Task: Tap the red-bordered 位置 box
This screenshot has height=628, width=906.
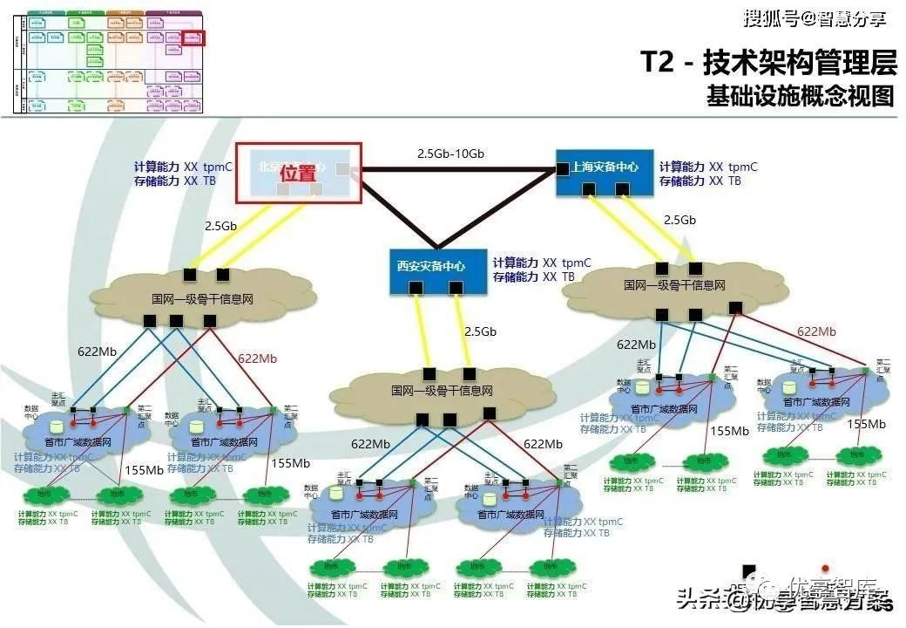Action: (x=300, y=173)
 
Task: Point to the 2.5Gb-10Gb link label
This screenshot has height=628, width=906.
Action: (x=450, y=154)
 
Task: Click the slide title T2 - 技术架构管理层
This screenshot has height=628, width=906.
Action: (x=768, y=63)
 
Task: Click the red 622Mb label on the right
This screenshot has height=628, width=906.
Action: (x=816, y=331)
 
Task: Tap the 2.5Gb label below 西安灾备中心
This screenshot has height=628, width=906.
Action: (x=480, y=332)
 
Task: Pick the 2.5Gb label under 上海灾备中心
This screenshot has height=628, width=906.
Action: (x=680, y=220)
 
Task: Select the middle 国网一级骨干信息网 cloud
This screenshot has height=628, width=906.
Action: (x=442, y=391)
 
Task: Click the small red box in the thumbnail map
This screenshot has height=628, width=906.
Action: (x=193, y=38)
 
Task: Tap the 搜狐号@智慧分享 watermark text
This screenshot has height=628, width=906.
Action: (x=814, y=17)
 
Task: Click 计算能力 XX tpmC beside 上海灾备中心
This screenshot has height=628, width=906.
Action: (x=707, y=167)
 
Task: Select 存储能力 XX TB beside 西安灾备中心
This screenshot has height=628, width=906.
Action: (x=534, y=276)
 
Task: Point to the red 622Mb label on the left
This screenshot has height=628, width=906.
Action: (x=257, y=358)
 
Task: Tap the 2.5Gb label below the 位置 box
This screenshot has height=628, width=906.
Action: (x=220, y=226)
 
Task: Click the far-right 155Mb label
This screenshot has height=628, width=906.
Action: (x=866, y=425)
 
